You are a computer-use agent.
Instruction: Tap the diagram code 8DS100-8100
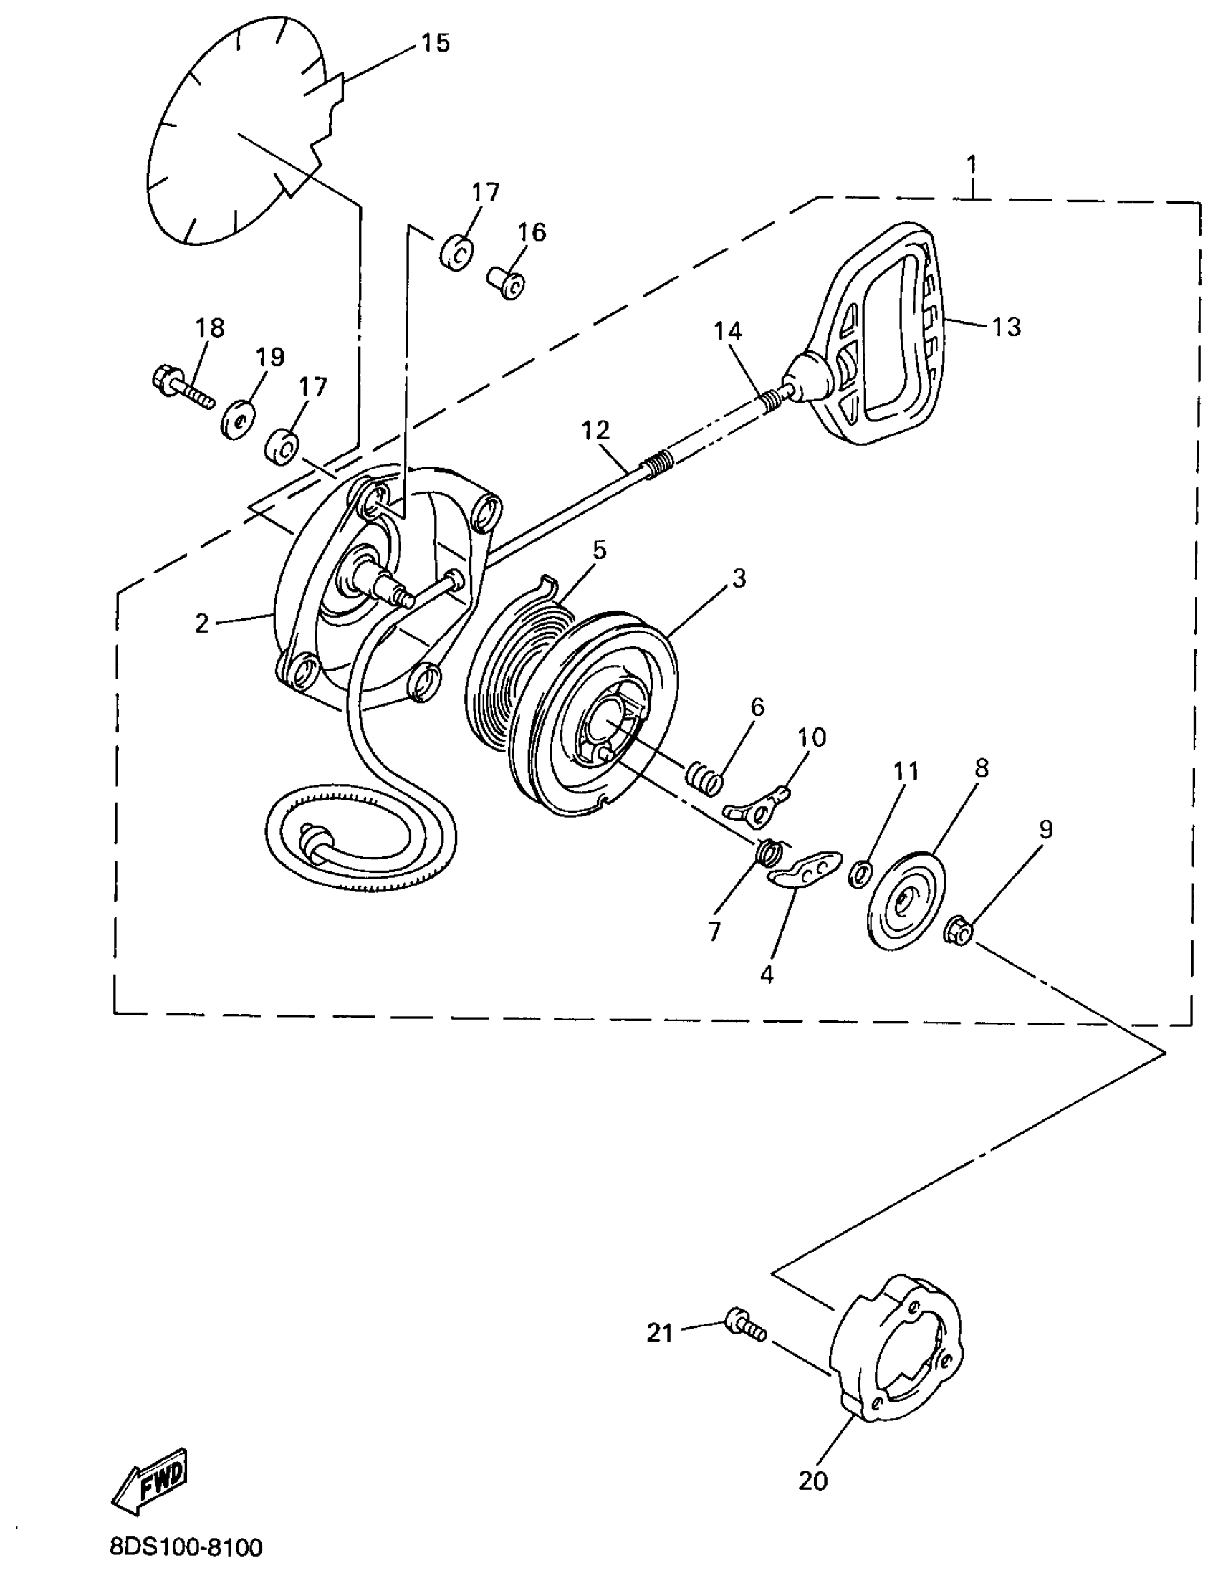tap(186, 1546)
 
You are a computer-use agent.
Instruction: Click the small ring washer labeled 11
tap(860, 875)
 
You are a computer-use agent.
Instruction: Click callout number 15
tap(435, 43)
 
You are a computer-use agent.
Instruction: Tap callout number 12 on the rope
tap(596, 431)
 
